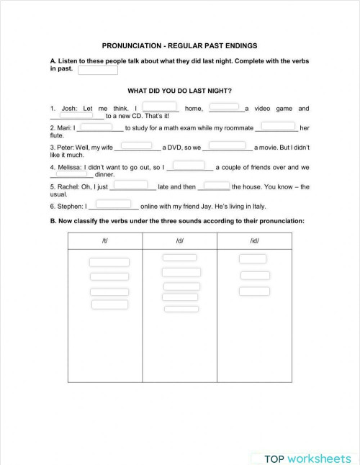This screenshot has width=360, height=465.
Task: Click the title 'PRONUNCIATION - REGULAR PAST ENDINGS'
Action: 179,45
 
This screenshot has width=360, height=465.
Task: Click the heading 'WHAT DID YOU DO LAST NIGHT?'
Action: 179,91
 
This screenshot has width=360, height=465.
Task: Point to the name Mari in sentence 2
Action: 64,128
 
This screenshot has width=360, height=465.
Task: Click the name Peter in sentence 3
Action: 66,148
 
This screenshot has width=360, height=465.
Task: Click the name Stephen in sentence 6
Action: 71,206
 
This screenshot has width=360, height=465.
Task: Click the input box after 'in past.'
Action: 97,71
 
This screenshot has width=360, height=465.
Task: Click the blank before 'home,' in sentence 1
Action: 165,107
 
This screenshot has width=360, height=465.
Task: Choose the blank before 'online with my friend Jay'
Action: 113,204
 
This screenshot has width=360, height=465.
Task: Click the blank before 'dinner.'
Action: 71,173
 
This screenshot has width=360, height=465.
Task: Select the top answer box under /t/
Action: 109,262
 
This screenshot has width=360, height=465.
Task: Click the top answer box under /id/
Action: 252,258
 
